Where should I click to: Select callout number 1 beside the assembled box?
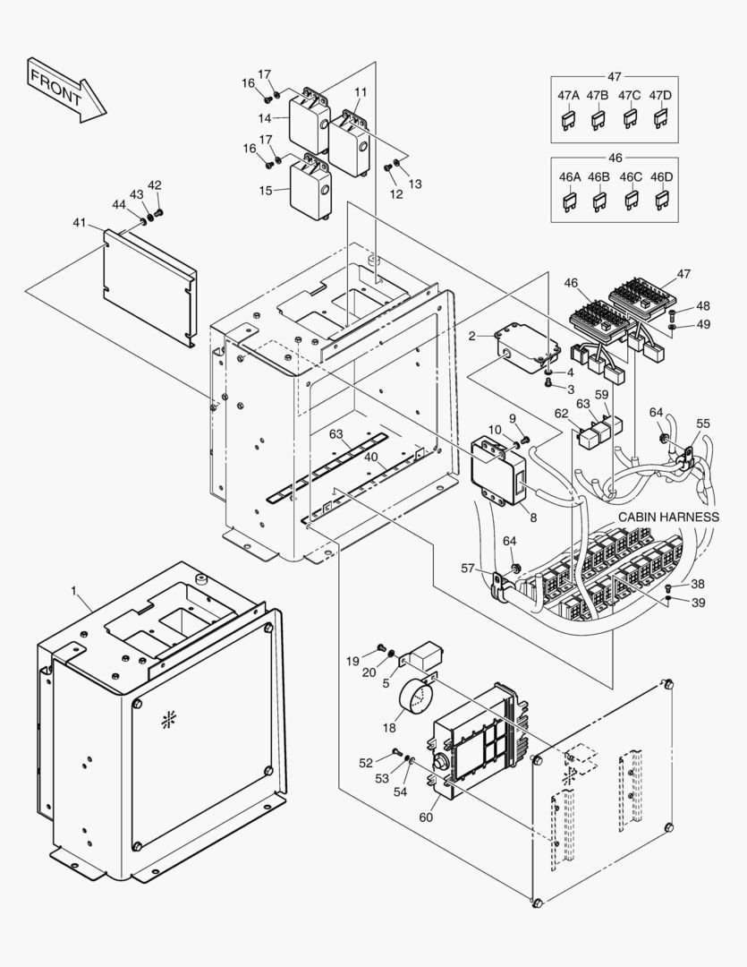(x=75, y=592)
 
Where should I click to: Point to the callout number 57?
(x=467, y=569)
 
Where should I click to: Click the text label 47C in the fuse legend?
(x=630, y=96)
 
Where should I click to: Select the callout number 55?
(x=703, y=423)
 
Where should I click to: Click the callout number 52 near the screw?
(x=366, y=763)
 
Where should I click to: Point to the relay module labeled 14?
(x=309, y=120)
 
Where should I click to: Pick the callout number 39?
(x=698, y=603)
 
